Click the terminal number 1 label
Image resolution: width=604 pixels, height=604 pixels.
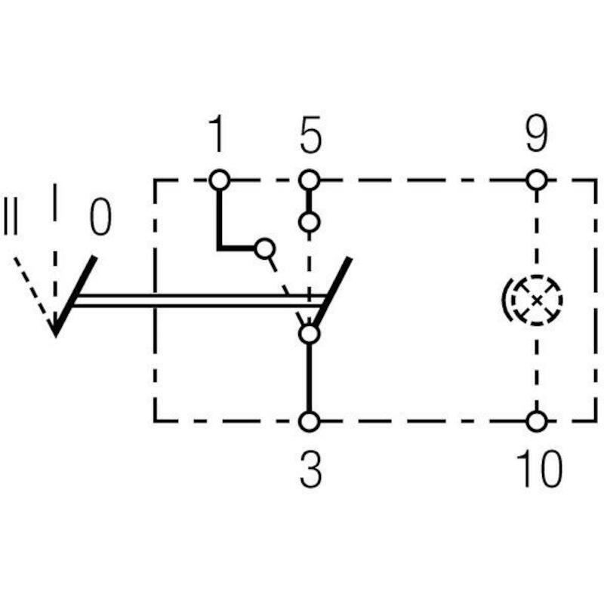click(217, 134)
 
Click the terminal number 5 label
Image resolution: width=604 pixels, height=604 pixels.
click(310, 134)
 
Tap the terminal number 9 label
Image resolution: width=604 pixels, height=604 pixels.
click(537, 134)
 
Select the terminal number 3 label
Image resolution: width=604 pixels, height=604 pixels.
click(310, 469)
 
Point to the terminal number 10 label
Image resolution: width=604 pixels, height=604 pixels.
click(539, 468)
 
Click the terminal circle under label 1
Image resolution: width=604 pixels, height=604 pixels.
click(220, 180)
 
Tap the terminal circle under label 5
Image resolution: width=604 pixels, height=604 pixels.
click(310, 180)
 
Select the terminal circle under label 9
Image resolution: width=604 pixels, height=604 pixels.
click(537, 180)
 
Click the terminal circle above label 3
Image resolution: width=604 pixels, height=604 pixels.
click(310, 421)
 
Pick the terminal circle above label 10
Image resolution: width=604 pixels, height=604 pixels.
click(537, 421)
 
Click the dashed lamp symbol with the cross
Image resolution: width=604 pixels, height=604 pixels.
click(537, 300)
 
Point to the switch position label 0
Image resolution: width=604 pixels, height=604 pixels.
click(100, 217)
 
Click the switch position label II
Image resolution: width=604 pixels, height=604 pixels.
click(11, 217)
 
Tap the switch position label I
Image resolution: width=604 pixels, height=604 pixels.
click(55, 202)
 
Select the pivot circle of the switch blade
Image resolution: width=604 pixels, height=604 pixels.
click(310, 334)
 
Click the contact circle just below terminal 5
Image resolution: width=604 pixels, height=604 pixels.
click(310, 222)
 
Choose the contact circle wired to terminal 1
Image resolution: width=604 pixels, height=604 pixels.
click(265, 248)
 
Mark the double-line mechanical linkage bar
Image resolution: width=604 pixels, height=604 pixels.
click(199, 300)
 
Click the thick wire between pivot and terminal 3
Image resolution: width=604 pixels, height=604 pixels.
click(310, 377)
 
